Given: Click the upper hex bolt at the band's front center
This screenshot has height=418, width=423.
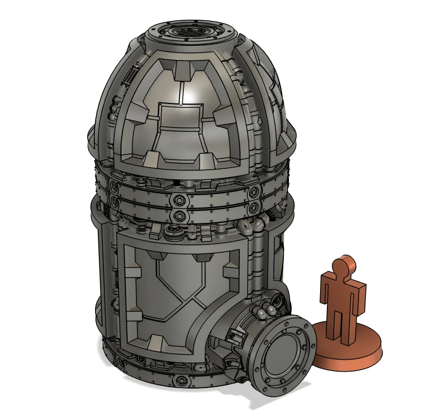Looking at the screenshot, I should pyautogui.click(x=180, y=200).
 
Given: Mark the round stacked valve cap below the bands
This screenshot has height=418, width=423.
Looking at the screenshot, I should pyautogui.click(x=170, y=233).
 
